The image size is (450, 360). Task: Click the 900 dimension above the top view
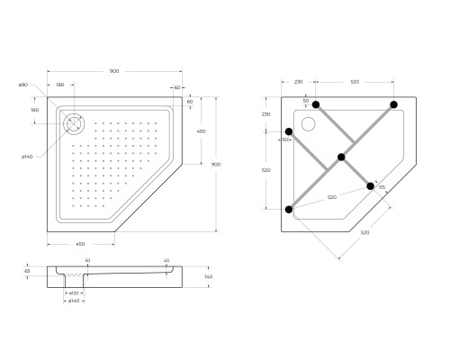(x=115, y=70)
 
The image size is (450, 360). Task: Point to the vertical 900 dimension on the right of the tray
(x=215, y=165)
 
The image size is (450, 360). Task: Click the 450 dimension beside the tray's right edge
(x=201, y=130)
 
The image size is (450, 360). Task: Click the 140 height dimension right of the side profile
(x=208, y=276)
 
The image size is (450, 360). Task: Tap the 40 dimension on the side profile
(x=166, y=261)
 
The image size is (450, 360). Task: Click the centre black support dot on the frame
(x=341, y=157)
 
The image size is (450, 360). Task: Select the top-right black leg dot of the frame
(x=394, y=105)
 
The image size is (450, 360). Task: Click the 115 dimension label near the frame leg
(x=382, y=187)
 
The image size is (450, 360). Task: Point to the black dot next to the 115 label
(x=370, y=186)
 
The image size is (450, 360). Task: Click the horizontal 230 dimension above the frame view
(x=298, y=82)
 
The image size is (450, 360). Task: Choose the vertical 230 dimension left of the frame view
(x=266, y=114)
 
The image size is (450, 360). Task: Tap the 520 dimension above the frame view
(x=354, y=82)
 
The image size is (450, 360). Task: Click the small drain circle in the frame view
(x=308, y=125)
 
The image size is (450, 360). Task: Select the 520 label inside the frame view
(x=331, y=197)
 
